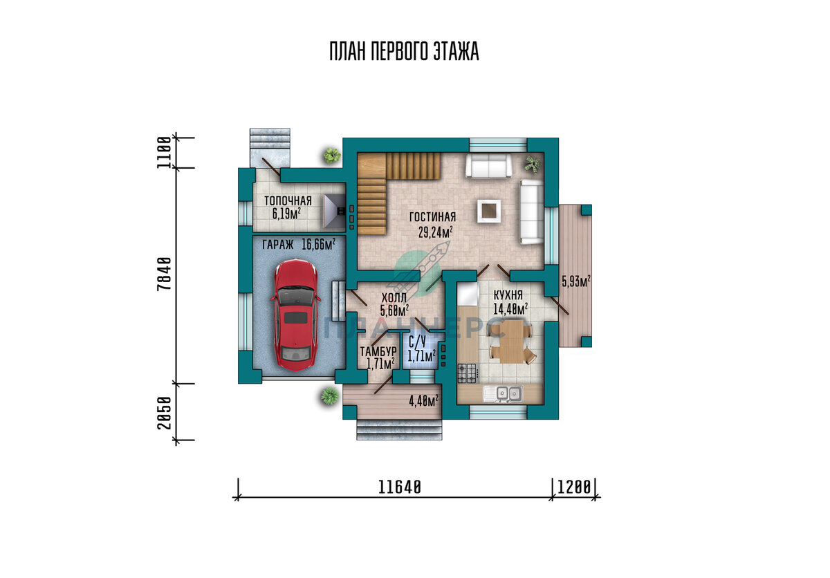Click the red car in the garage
296,313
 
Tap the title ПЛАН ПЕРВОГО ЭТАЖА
404,52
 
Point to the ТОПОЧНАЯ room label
287,201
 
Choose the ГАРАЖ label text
277,244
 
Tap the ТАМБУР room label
378,352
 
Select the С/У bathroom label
416,342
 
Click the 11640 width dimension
400,487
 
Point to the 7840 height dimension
164,275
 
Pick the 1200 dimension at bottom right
575,487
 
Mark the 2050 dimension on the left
164,413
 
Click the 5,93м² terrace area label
575,281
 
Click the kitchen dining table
510,344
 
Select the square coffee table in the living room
490,209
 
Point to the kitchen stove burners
468,373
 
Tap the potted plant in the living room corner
533,165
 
